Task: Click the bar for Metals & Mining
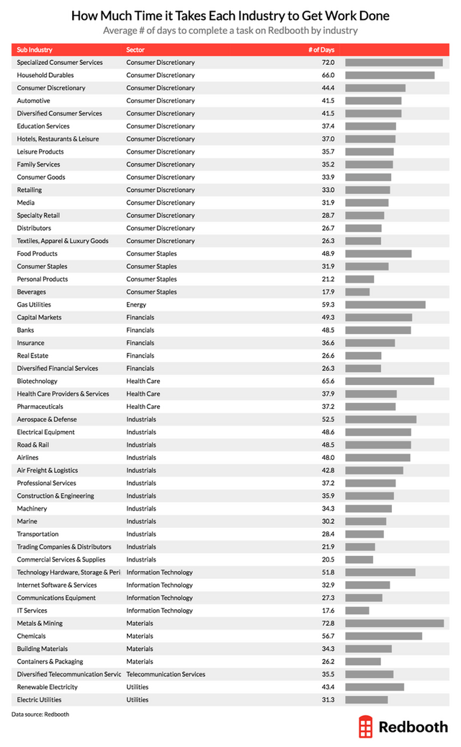[x=394, y=623]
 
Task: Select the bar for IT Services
[x=357, y=611]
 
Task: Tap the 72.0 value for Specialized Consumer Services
[x=328, y=63]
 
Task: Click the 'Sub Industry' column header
[x=35, y=50]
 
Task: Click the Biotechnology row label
[x=37, y=381]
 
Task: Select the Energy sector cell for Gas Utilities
[x=136, y=304]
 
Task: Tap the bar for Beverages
[x=357, y=292]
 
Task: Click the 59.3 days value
[x=328, y=304]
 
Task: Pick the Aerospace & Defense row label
[x=47, y=419]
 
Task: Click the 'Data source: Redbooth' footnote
[x=40, y=714]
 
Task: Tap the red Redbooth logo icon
[x=367, y=727]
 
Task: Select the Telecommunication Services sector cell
[x=166, y=674]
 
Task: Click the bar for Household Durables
[x=390, y=75]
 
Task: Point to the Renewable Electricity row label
[x=48, y=686]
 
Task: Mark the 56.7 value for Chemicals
[x=328, y=636]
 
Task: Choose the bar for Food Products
[x=378, y=254]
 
